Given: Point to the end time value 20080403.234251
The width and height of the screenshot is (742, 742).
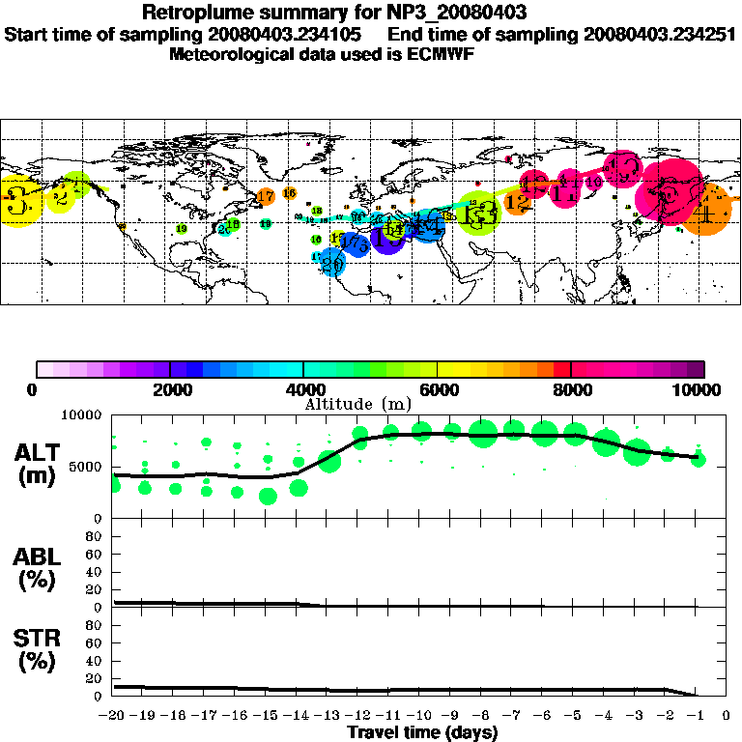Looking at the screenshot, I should tap(659, 34).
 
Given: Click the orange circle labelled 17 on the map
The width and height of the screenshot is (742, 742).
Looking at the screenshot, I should tap(266, 197).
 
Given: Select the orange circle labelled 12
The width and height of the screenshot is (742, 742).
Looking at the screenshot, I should tap(518, 202).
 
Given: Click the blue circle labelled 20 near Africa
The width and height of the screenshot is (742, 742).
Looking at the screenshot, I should tap(331, 263).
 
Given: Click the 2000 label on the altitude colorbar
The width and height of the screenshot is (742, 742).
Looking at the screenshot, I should tap(170, 389).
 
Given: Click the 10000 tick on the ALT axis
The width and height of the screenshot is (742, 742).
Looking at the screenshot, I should tap(83, 415).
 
